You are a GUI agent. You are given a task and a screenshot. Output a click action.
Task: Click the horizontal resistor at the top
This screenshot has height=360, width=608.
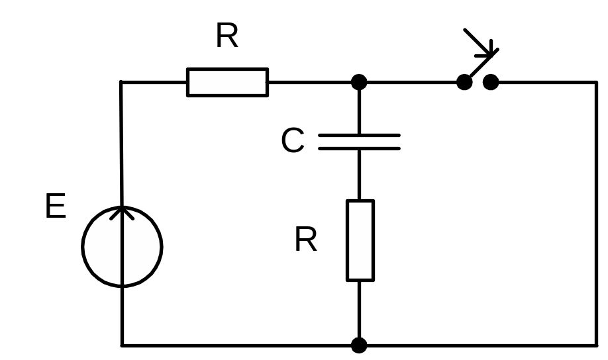(x=227, y=82)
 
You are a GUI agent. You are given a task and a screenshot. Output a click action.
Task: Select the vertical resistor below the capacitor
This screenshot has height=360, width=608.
(x=360, y=240)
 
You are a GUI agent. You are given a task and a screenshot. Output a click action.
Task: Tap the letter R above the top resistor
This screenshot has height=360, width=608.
(x=227, y=37)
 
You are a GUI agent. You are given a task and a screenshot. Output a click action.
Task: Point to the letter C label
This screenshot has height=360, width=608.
(x=293, y=141)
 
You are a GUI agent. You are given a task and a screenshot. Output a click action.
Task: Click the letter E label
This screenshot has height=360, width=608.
(x=56, y=207)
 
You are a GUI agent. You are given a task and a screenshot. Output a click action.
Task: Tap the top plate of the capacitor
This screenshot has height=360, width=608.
(x=359, y=135)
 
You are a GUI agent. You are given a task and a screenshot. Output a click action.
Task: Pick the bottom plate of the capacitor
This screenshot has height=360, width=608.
(x=359, y=148)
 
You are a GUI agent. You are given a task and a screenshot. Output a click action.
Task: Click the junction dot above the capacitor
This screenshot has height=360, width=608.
(x=359, y=82)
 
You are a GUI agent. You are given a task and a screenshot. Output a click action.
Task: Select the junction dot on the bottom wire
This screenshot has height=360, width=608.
(x=359, y=345)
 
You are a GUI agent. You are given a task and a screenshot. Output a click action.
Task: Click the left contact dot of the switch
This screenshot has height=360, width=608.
(x=465, y=82)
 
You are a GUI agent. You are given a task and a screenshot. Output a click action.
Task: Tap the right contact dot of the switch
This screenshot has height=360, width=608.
(x=491, y=82)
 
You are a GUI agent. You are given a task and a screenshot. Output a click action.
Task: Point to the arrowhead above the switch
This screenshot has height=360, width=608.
(x=489, y=49)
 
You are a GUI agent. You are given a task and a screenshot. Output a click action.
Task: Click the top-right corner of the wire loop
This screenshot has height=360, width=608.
(x=596, y=83)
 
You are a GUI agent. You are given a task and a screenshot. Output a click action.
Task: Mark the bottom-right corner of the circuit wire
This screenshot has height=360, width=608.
(x=596, y=345)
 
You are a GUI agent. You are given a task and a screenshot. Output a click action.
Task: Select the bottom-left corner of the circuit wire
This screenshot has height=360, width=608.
(x=123, y=345)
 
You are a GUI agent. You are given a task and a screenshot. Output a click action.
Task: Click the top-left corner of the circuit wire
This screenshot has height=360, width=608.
(x=121, y=83)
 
